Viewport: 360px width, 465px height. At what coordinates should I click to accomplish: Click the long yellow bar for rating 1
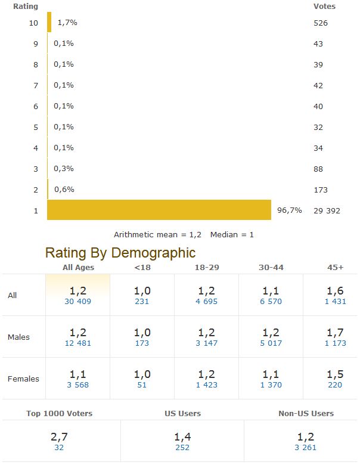159,210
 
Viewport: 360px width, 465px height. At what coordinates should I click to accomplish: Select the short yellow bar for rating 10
49,23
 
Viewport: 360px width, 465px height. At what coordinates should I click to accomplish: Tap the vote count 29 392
327,210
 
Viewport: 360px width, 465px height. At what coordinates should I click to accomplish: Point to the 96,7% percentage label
290,210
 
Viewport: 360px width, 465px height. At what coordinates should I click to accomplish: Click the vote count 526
321,23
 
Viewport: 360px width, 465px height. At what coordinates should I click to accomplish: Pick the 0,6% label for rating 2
64,190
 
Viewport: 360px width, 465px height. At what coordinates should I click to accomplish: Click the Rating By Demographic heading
120,253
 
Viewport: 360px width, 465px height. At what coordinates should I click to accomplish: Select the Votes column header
324,7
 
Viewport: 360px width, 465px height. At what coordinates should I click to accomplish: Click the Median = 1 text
232,235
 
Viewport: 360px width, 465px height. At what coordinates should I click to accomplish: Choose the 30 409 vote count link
77,301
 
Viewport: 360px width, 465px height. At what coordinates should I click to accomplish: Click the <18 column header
142,267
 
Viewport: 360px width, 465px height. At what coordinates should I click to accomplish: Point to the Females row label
23,379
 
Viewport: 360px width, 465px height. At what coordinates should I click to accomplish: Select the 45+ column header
335,267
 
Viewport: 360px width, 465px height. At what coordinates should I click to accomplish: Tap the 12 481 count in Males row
77,343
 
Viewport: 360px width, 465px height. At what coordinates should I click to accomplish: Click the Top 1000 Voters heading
60,413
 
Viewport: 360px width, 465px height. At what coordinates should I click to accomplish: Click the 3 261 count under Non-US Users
306,447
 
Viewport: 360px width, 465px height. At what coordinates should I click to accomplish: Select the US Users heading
182,413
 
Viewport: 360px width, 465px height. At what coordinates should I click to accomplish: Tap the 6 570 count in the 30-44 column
271,301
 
